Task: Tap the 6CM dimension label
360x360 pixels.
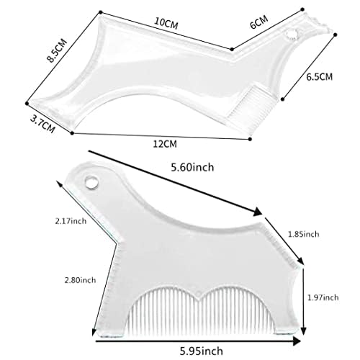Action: [x=258, y=24]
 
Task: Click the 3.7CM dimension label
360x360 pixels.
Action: [x=42, y=123]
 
